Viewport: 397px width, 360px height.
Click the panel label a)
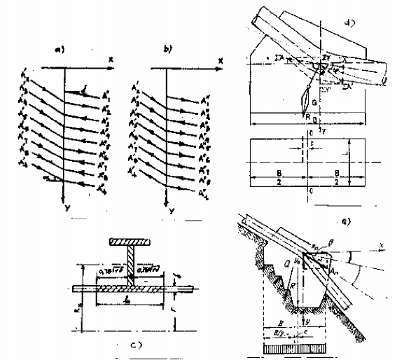[x=60, y=50]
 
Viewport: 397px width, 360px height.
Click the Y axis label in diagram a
[x=64, y=207]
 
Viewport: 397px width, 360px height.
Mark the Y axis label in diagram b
[x=170, y=208]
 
